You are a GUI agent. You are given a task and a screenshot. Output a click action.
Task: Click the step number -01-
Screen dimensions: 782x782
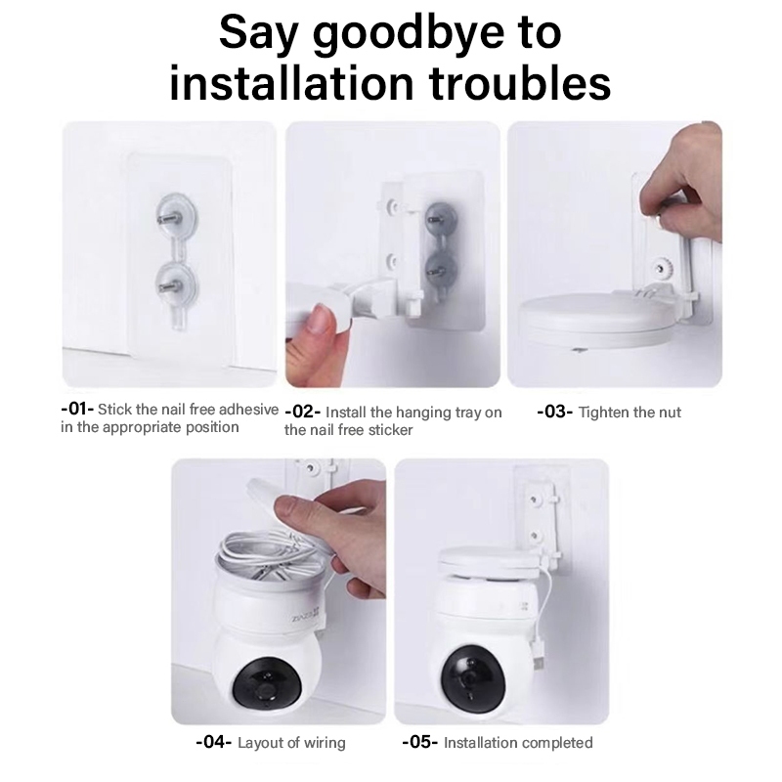coord(77,409)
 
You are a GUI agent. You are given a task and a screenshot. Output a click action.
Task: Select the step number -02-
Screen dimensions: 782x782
coord(303,412)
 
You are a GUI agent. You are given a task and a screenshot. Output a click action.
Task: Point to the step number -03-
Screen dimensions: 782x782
coord(554,412)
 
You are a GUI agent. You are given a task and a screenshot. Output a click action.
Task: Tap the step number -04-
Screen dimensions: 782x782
coord(214,742)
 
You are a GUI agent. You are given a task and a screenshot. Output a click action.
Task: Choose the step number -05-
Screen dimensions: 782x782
coord(420,742)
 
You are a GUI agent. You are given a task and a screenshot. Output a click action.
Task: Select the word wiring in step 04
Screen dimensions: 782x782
coord(325,744)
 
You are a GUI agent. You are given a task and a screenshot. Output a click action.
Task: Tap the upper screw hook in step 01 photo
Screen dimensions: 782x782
coord(175,214)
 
